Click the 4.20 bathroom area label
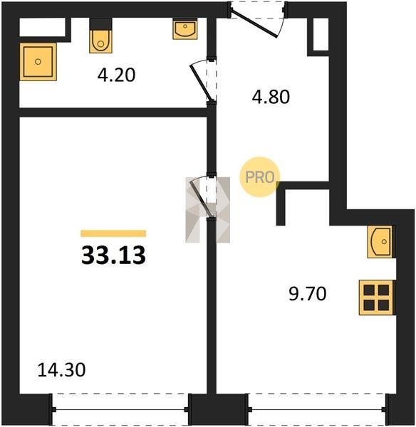pos(116,75)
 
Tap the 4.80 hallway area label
pos(271,97)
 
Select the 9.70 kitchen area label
pos(308,294)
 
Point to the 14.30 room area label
pos(61,370)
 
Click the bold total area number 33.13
pos(113,255)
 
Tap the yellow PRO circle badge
pos(259,177)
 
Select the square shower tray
pos(38,61)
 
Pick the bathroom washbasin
pos(185,29)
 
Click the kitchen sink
pos(381,242)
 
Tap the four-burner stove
pos(376,297)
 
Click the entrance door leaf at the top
pos(254,23)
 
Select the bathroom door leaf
pos(200,83)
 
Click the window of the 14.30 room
pos(120,409)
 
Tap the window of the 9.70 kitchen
pos(317,409)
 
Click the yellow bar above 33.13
pos(113,233)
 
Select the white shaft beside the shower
pos(43,27)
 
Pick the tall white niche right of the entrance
pos(321,34)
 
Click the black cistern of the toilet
pos(100,24)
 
